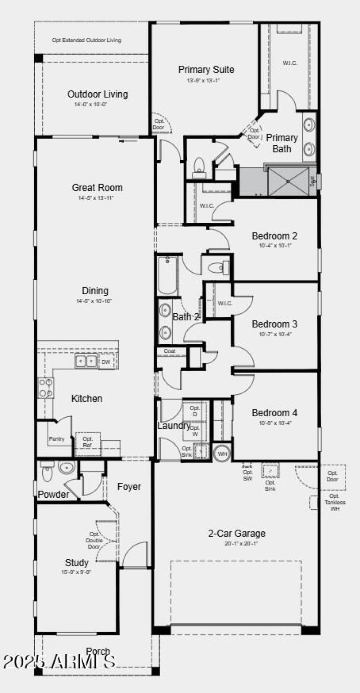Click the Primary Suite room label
[206, 70]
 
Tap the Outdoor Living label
[98, 94]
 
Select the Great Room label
[97, 188]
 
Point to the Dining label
[95, 291]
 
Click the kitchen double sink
[85, 361]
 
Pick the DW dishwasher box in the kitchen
[106, 361]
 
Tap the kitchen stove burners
[46, 387]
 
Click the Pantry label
[56, 439]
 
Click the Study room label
[76, 562]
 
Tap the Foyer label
[129, 486]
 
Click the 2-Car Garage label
[237, 534]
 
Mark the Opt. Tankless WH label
[335, 505]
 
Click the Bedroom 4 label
[274, 413]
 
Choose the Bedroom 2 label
[274, 236]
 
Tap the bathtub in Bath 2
[167, 275]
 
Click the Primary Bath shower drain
[288, 181]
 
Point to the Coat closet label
[169, 351]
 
